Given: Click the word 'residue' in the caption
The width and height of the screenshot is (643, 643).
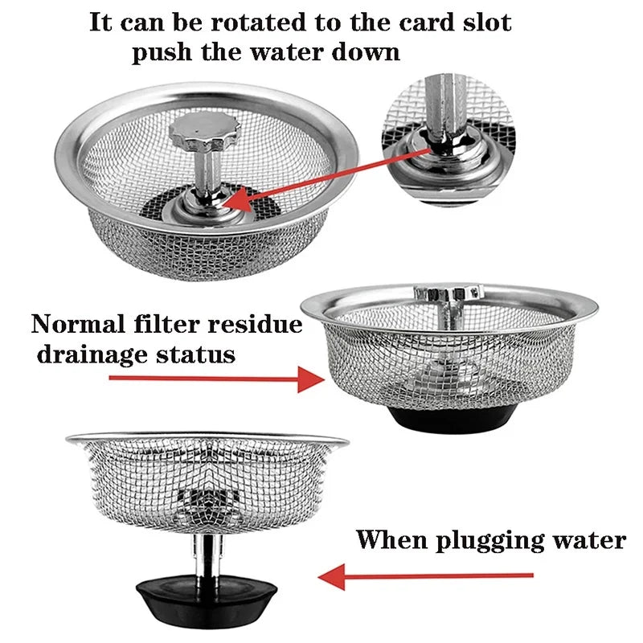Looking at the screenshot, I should coord(255,325).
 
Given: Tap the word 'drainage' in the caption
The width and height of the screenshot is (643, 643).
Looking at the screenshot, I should coord(88,354).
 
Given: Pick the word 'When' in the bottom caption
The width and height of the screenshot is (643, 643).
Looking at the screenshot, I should coord(391,539).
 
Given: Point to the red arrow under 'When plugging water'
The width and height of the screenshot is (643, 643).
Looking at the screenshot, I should coord(426,575).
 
